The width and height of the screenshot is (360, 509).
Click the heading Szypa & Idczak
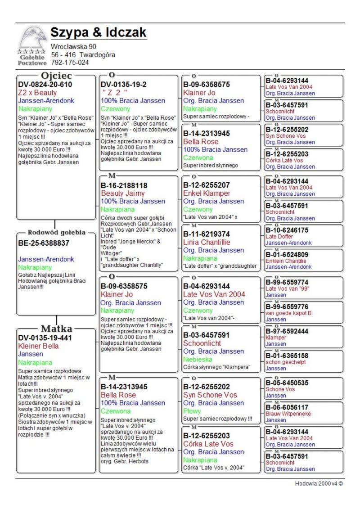click(99, 33)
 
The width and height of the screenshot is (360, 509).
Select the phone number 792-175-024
click(70, 63)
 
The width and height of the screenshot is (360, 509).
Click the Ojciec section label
click(56, 75)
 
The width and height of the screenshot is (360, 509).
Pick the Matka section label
click(56, 328)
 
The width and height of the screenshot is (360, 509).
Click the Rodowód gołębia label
click(56, 233)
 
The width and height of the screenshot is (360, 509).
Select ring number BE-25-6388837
click(44, 243)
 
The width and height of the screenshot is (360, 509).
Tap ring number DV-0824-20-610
click(45, 84)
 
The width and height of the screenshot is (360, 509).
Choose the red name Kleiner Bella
click(38, 346)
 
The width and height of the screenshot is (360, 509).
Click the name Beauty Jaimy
click(123, 193)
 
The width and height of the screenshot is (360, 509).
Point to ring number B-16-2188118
click(124, 185)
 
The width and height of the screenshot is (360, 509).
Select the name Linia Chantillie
click(207, 242)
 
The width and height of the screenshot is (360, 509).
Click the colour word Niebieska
click(198, 359)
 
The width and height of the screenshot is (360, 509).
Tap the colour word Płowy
click(192, 411)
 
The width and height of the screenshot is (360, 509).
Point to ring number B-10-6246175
click(287, 230)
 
